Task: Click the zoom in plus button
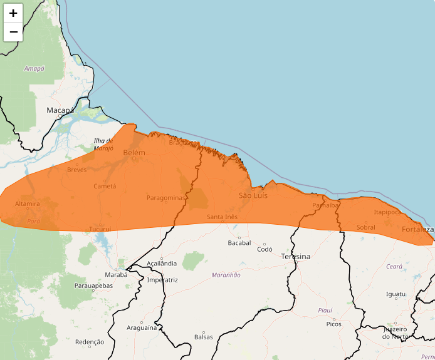click(13, 13)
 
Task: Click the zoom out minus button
click(13, 32)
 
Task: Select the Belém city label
click(134, 153)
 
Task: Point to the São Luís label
click(253, 196)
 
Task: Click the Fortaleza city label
click(417, 230)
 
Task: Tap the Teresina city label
click(296, 257)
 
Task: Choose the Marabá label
click(116, 274)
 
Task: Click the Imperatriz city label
click(162, 280)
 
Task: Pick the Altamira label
click(28, 204)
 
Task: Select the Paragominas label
click(166, 198)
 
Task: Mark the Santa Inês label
click(223, 217)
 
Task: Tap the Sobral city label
click(365, 227)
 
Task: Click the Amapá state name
click(34, 68)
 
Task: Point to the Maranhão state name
click(226, 275)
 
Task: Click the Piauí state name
click(325, 310)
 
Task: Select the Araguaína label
click(141, 327)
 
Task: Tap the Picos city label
click(334, 324)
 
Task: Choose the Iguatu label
click(396, 294)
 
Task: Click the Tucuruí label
click(100, 229)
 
